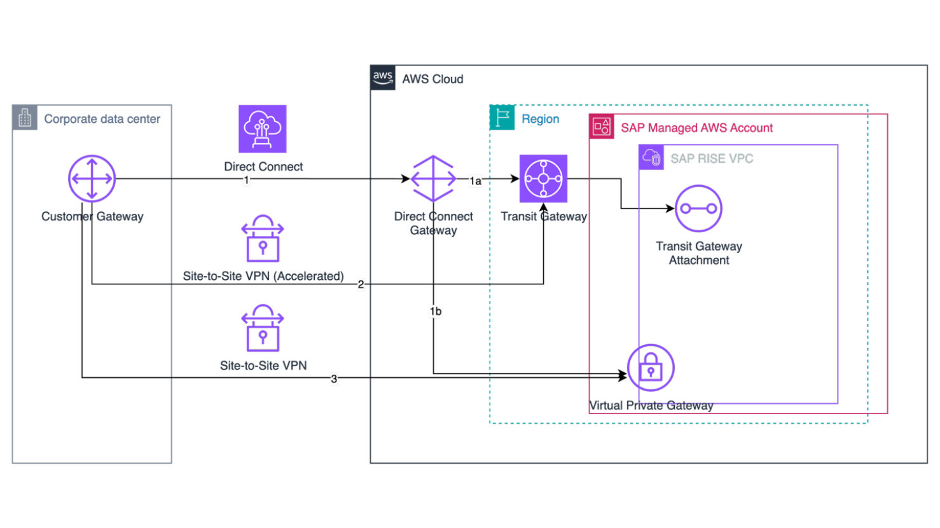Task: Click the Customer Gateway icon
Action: (x=92, y=179)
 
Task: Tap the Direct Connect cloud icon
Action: (x=262, y=129)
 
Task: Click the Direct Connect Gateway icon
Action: (x=433, y=179)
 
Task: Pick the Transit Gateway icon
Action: (x=543, y=179)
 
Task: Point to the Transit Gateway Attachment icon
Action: (x=698, y=209)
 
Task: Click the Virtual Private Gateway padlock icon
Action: (x=650, y=368)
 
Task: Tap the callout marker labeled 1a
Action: (x=475, y=181)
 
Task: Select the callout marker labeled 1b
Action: (x=435, y=312)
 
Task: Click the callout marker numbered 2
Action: (x=361, y=284)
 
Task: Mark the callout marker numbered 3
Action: (x=334, y=379)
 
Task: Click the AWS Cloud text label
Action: (x=432, y=80)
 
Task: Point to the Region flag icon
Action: (x=502, y=118)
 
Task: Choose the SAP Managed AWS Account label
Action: (x=696, y=128)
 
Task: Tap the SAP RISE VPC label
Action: (x=712, y=158)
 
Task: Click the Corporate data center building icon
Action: (x=25, y=118)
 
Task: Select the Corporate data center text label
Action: (x=102, y=119)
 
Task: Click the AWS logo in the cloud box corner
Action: (x=384, y=78)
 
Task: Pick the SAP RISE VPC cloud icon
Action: (x=651, y=158)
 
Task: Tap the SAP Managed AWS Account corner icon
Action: (x=602, y=127)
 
